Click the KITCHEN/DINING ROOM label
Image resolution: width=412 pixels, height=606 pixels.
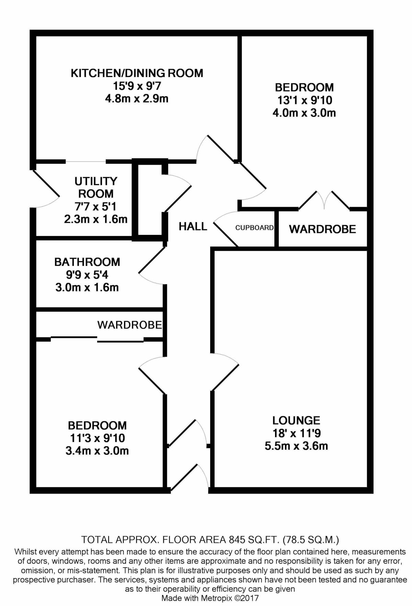[137, 73]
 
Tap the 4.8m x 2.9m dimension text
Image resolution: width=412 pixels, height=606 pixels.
[137, 99]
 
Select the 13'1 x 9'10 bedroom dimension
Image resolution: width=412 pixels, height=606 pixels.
[304, 100]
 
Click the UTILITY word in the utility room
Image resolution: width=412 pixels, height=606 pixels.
[96, 181]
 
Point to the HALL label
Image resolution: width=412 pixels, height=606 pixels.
[193, 226]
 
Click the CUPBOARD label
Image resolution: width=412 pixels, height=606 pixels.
[254, 228]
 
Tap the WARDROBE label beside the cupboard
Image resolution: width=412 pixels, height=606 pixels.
[322, 229]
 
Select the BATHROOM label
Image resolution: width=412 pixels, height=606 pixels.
[87, 262]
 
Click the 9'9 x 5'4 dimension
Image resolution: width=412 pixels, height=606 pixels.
[87, 275]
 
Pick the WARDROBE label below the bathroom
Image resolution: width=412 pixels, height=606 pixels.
[129, 325]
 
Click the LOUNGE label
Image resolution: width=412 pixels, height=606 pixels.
[296, 420]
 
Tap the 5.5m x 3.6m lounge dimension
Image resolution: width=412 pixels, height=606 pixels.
[296, 446]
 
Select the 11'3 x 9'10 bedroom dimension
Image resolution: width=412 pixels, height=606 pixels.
[97, 438]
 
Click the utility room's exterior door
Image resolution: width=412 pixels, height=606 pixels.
[46, 189]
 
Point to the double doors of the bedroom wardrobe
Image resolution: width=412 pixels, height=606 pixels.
[324, 200]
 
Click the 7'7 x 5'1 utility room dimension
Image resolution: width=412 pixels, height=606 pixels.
[96, 206]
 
